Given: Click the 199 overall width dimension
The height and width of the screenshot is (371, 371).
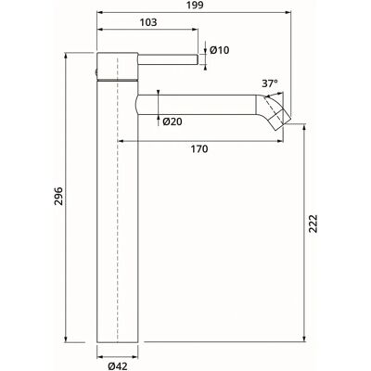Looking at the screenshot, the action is tap(195, 6).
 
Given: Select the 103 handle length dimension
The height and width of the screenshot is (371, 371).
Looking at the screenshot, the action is tap(148, 22).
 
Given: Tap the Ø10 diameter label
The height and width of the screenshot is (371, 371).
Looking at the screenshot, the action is tap(220, 50).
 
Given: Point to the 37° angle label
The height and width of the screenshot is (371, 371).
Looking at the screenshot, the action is tap(270, 83).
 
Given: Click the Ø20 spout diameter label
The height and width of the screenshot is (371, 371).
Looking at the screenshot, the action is tap(173, 122).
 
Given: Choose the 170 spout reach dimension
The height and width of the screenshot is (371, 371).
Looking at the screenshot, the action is tap(199, 149).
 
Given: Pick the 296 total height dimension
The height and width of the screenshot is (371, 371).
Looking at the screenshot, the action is tap(58, 196).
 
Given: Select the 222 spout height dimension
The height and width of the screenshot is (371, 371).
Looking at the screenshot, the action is tap(313, 224).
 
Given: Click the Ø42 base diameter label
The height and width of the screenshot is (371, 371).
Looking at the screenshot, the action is tap(118, 366).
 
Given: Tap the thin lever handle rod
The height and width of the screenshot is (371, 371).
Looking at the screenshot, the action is tap(168, 59).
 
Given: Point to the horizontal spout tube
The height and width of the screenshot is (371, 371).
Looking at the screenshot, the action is tap(197, 105).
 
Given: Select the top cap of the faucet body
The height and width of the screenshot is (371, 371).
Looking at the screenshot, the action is tap(118, 67).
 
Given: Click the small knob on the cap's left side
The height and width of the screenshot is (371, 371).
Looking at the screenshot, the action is tap(96, 73).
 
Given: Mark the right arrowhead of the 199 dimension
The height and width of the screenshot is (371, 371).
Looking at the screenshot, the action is tap(288, 13).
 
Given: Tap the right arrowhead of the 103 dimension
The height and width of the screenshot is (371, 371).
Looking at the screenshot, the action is tap(194, 30).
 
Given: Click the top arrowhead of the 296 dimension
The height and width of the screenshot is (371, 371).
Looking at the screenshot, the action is tap(66, 57).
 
